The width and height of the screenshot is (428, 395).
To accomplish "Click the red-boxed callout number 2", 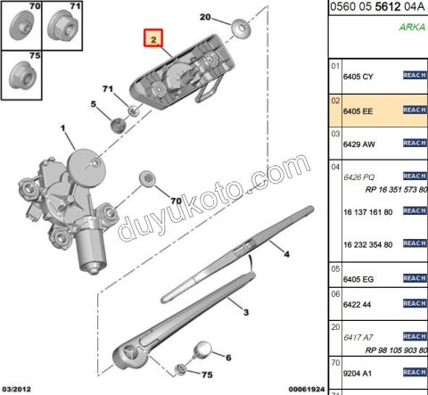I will tap(153, 40).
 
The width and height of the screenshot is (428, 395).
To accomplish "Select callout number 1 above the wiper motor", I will tap(63, 130).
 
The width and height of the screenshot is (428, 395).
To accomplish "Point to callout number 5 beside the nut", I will tap(92, 105).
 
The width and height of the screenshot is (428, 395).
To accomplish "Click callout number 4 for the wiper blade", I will tap(288, 255).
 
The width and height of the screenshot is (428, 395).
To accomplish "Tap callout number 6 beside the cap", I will tap(227, 358).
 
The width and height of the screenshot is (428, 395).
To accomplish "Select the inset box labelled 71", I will tap(66, 24).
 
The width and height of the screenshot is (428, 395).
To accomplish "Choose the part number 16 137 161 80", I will tap(367, 211).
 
